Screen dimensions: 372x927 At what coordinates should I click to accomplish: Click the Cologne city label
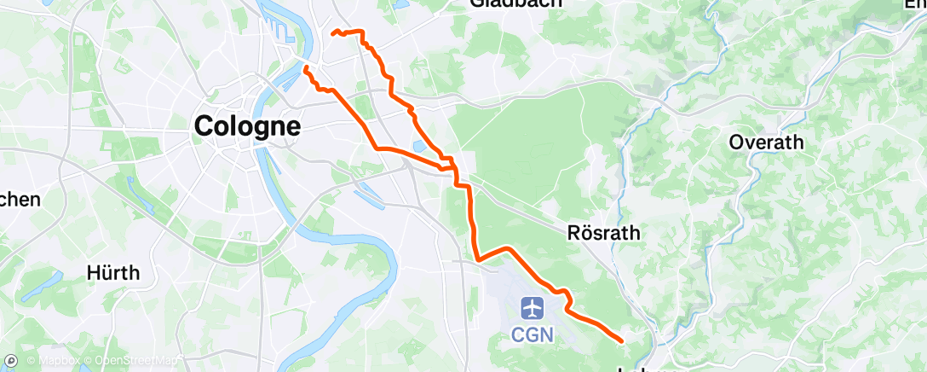coord(247,127)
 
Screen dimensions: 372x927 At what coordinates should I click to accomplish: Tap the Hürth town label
coord(112,274)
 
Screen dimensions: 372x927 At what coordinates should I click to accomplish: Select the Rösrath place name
coord(603,232)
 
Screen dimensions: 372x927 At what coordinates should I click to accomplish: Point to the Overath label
coord(766,142)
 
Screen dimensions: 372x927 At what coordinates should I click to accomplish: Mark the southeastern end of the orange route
coord(622,341)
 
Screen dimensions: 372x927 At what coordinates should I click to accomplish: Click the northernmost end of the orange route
coord(333,32)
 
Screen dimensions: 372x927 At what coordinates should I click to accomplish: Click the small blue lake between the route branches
coord(419,147)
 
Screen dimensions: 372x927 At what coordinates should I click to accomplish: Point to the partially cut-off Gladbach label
coord(516,3)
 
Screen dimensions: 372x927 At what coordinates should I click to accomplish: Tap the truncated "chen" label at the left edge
coord(19,200)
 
